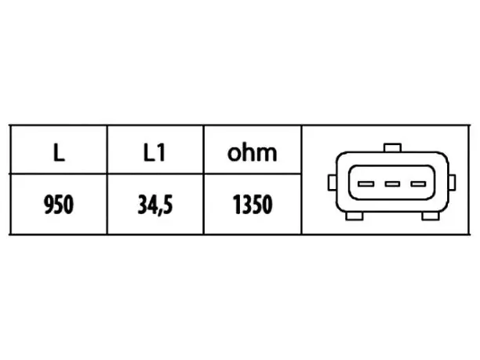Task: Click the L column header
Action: click(x=59, y=152)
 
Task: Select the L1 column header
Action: click(x=155, y=152)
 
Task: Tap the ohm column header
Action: click(x=252, y=152)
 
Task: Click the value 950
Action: click(x=59, y=204)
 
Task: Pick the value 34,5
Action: click(x=155, y=205)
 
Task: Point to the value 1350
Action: click(x=253, y=204)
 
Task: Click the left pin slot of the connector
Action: click(x=365, y=184)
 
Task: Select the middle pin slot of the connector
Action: click(x=392, y=184)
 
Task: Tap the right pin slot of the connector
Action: click(x=418, y=184)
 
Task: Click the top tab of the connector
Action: click(x=392, y=147)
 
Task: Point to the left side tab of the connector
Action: click(x=332, y=183)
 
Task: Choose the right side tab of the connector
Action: click(x=452, y=183)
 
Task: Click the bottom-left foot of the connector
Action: click(x=355, y=216)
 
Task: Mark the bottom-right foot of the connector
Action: click(x=431, y=216)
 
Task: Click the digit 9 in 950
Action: click(x=49, y=204)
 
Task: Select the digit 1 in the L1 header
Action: click(x=162, y=152)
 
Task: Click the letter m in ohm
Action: click(x=267, y=155)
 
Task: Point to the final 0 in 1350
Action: click(x=267, y=204)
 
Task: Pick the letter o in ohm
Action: click(x=235, y=155)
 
